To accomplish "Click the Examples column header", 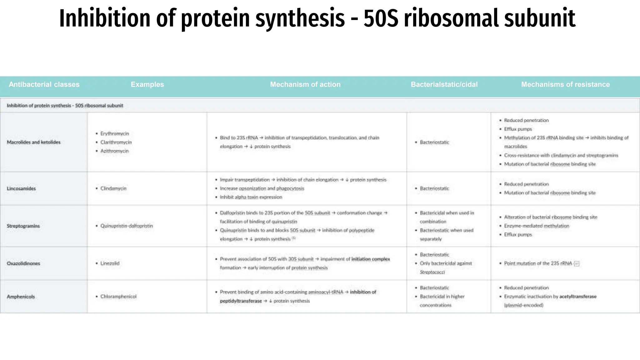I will [147, 84].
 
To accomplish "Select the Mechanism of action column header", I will [305, 84].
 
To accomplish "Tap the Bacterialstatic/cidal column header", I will [444, 84].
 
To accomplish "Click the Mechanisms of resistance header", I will [565, 84].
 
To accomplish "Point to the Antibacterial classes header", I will [44, 84].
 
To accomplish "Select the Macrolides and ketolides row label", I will [34, 142].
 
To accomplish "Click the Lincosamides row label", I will [21, 188].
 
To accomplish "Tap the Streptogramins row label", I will [23, 226].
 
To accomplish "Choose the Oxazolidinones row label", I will [23, 263].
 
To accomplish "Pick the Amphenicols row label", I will [21, 297].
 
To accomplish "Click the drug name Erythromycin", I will [115, 133].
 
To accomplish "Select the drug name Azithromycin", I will [114, 151].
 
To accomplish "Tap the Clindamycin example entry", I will [113, 188].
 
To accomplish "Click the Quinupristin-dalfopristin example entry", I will [127, 226].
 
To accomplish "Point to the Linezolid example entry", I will [110, 263].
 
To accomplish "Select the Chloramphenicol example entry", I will [118, 297].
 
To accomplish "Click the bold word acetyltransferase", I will [578, 297].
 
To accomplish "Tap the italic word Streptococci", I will [432, 272].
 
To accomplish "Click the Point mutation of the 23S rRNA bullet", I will [538, 263].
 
